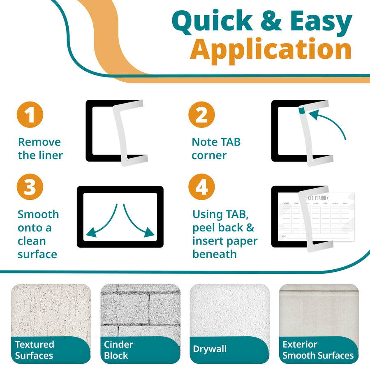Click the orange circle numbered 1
click(x=30, y=115)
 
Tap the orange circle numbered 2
click(x=201, y=115)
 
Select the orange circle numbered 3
click(x=30, y=187)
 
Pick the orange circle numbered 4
click(x=201, y=187)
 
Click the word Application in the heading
click(x=271, y=49)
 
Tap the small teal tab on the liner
click(x=302, y=110)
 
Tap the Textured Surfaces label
click(x=35, y=350)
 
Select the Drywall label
click(x=210, y=349)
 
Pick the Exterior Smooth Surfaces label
click(x=318, y=350)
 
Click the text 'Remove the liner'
click(x=40, y=149)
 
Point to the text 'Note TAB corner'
click(x=216, y=149)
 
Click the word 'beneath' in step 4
click(x=214, y=254)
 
